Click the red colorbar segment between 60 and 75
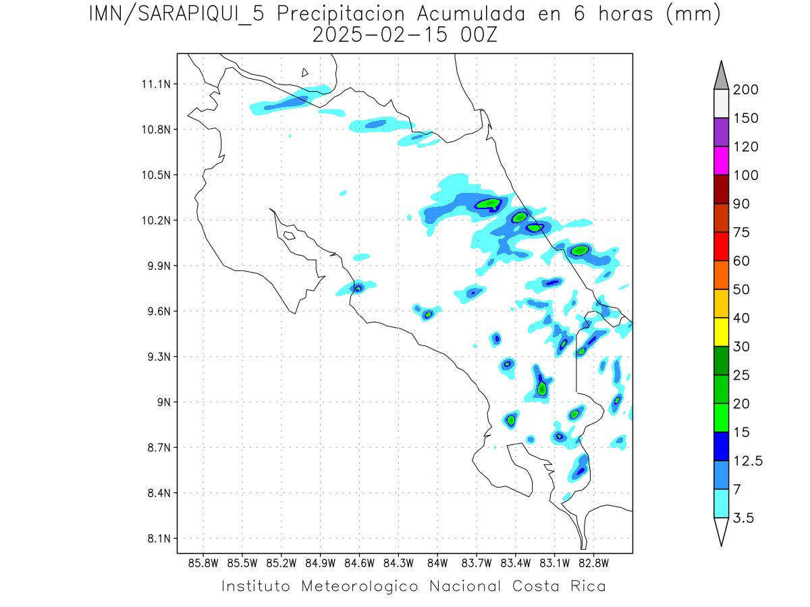pos(721,247)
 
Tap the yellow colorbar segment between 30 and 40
pos(721,333)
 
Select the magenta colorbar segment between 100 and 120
pos(721,161)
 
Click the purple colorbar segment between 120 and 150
pos(721,133)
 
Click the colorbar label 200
pos(745,90)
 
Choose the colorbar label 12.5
pos(747,461)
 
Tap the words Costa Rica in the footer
pos(559,586)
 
